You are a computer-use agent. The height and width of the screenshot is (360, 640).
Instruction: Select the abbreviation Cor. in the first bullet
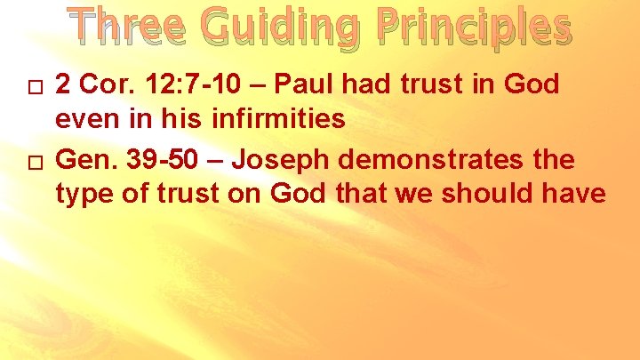coord(100,84)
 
